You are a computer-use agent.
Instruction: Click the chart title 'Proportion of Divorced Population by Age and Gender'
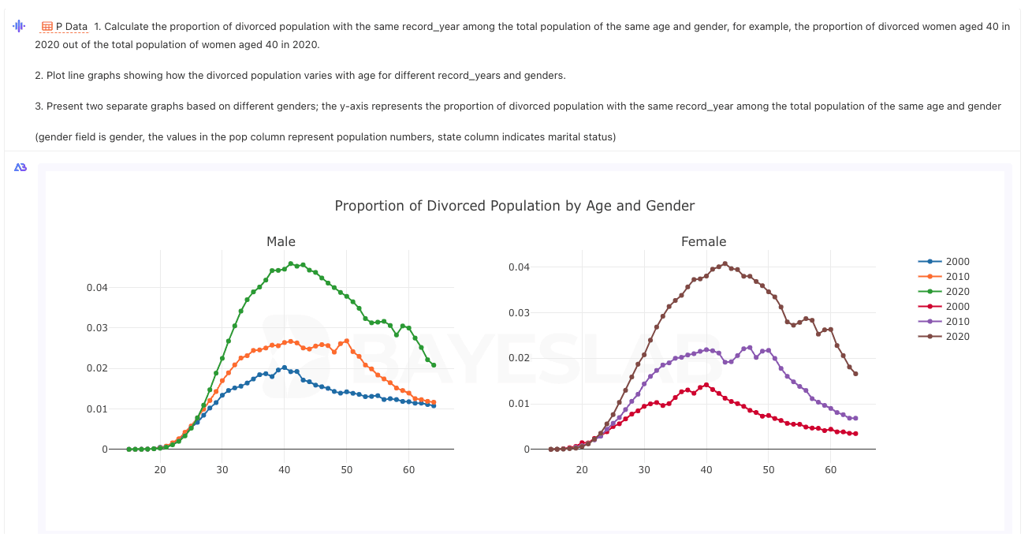pos(514,206)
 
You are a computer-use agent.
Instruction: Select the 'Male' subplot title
pos(281,241)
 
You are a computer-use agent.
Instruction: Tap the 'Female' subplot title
pos(703,241)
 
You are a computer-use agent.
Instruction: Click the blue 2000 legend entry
pos(944,262)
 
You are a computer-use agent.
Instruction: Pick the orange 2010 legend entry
pos(944,277)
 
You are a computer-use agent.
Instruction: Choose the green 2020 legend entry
pos(944,292)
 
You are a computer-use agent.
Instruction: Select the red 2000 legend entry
pos(944,307)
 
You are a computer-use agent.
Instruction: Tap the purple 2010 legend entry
pos(944,322)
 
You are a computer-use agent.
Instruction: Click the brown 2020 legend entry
pos(944,337)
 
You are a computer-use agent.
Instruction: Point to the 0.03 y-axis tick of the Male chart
pos(97,327)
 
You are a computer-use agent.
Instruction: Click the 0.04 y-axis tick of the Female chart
pos(520,267)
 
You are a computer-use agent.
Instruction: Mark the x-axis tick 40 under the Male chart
pos(285,469)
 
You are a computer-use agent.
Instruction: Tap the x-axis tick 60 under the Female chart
pos(831,469)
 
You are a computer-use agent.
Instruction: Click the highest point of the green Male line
pos(291,264)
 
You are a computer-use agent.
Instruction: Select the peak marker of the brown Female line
pos(725,264)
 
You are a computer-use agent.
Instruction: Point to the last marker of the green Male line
pos(434,365)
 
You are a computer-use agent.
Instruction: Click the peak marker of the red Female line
pos(706,385)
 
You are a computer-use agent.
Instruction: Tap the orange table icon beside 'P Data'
pos(47,27)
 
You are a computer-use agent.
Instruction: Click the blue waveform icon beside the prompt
pos(19,26)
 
